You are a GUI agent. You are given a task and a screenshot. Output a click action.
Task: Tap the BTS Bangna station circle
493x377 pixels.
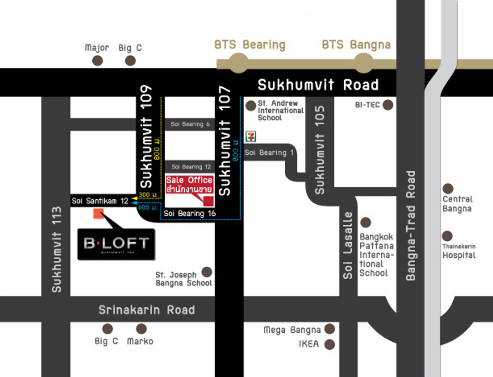click(x=363, y=64)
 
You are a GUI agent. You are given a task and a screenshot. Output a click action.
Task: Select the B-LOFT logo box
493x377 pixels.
click(x=116, y=244)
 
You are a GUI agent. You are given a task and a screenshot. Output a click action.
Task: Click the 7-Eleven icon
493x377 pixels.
click(x=249, y=136)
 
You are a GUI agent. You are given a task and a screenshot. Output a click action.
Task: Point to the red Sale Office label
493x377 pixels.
click(x=189, y=185)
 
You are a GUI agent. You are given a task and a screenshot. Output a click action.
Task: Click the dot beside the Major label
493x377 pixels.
click(x=97, y=61)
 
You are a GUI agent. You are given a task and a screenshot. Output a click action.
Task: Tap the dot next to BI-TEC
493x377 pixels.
click(x=387, y=105)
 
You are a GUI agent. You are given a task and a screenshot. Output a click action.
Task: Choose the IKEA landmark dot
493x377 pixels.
click(x=329, y=344)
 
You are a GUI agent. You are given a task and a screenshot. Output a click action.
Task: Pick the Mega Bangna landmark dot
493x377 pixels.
click(x=329, y=329)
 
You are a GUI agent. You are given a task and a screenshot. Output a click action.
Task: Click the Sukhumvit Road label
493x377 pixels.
click(x=318, y=85)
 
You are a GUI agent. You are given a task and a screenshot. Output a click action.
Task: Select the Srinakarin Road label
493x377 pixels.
click(x=146, y=310)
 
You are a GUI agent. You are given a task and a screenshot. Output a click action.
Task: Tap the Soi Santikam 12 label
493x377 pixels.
click(x=100, y=201)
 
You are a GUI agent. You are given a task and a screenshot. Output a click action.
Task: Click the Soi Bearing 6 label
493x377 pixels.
click(x=190, y=124)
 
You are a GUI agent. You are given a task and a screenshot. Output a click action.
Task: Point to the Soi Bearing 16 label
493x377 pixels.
click(x=189, y=213)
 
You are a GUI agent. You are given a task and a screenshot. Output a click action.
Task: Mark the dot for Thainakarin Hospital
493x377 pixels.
click(x=447, y=236)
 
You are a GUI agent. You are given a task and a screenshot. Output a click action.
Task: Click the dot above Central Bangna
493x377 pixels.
click(x=448, y=189)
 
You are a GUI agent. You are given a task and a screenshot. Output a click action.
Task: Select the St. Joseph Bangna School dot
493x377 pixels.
click(x=207, y=272)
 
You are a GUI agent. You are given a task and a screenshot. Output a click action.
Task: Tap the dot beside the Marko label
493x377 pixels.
click(x=141, y=329)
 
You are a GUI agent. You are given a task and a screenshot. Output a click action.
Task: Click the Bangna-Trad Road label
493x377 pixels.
click(x=411, y=226)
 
